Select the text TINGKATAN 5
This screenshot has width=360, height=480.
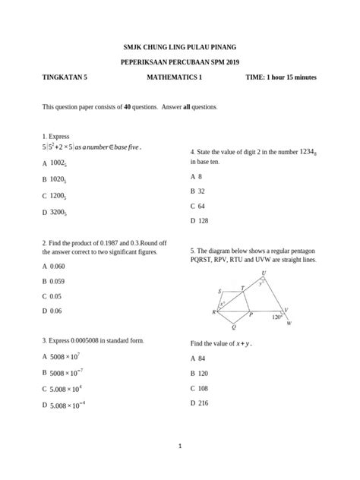(x=65, y=78)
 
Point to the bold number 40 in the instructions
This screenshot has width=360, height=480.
(x=128, y=107)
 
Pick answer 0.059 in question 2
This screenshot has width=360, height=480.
(x=58, y=281)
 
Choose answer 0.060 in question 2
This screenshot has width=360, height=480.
(x=58, y=267)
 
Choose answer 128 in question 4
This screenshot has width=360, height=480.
(x=203, y=221)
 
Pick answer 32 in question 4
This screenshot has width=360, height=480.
(x=201, y=191)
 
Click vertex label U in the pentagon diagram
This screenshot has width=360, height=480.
(x=264, y=273)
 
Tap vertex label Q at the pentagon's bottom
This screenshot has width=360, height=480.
(x=233, y=328)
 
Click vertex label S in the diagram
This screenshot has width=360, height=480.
(x=219, y=291)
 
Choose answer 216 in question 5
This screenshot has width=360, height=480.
(x=203, y=403)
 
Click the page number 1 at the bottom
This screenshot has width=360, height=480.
(x=180, y=446)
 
